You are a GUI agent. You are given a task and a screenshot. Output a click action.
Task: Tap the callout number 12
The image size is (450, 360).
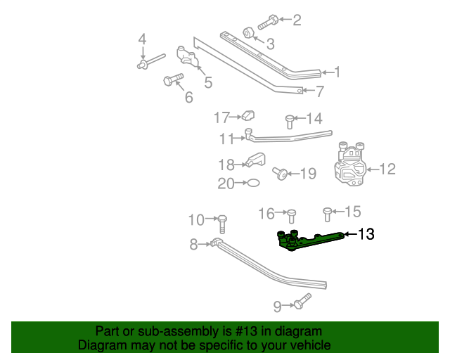coord(387,169)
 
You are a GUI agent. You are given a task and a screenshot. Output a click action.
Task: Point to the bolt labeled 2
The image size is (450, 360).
coord(268,22)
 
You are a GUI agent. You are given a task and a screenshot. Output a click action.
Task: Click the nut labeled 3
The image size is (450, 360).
coord(248,33)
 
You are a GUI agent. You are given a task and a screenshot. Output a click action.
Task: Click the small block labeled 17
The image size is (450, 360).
coord(248,116)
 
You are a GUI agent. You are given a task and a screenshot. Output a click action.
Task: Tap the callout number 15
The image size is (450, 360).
coord(352,212)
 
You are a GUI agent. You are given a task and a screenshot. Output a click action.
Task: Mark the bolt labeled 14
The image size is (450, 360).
coord(289,121)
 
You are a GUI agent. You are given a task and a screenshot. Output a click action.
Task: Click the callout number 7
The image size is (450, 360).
coord(320,91)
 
